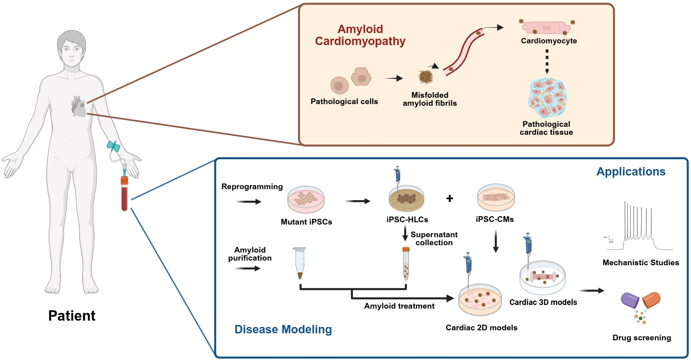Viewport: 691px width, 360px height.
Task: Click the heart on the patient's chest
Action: click(x=79, y=106)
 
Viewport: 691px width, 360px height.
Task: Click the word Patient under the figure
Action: click(x=72, y=316)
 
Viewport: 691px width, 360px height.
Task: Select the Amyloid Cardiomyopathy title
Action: click(x=360, y=35)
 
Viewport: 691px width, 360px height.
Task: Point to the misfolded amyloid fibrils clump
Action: click(x=426, y=77)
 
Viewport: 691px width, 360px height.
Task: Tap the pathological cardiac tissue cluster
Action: click(x=547, y=97)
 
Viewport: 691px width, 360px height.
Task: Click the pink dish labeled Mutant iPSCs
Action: click(x=306, y=199)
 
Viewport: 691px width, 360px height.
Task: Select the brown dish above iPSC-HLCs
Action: click(x=407, y=199)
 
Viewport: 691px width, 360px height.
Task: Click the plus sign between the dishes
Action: click(x=450, y=199)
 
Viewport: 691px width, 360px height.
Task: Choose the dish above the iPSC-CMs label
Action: click(x=496, y=197)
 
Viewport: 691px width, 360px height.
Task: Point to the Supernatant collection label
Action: click(x=434, y=239)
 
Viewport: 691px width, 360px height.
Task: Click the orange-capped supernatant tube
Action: click(x=406, y=264)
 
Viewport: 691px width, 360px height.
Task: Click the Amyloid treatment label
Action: click(x=399, y=306)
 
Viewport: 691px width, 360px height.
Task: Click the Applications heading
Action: click(x=631, y=171)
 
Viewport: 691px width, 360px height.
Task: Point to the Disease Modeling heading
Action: click(x=283, y=329)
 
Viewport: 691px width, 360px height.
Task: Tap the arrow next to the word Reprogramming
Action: click(x=249, y=202)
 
